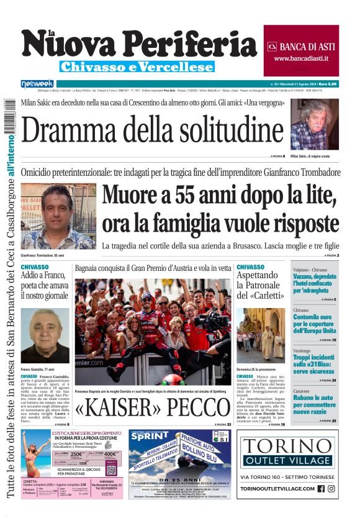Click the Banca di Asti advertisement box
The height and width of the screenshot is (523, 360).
coord(300,50)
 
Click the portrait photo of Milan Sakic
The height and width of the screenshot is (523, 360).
coord(314,124)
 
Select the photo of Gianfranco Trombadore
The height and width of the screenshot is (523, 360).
coord(58,217)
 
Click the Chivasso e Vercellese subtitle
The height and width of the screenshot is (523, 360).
coord(137,66)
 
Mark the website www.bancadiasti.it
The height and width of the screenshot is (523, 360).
coord(300,58)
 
